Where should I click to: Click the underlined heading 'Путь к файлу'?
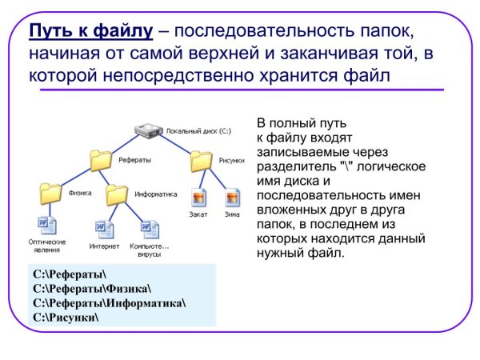pos(90,33)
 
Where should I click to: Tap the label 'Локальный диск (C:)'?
pos(198,129)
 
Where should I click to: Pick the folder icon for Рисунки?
pos(201,161)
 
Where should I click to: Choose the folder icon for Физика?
pos(50,192)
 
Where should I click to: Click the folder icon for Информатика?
pos(117,193)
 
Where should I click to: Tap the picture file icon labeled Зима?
pos(232,197)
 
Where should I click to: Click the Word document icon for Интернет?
pos(104,230)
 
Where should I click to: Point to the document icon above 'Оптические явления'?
pos(46,225)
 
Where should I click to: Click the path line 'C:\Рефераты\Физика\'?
pos(92,289)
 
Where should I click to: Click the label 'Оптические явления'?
pos(47,246)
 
